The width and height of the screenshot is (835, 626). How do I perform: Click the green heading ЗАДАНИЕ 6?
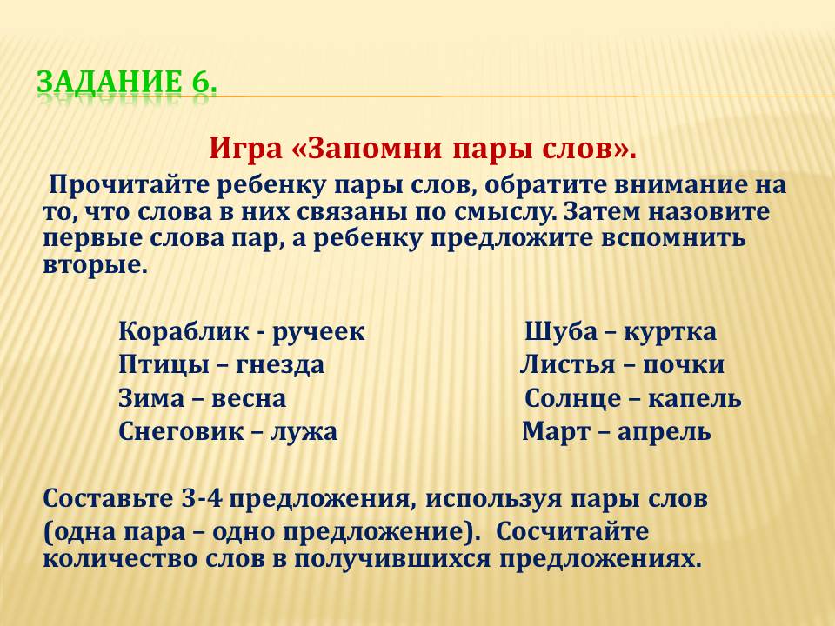(127, 82)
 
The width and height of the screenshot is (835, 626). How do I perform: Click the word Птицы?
(163, 366)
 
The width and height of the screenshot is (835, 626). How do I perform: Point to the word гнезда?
(279, 366)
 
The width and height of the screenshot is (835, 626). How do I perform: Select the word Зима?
(151, 399)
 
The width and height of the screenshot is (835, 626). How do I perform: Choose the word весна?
(249, 400)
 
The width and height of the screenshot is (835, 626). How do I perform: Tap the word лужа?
(304, 432)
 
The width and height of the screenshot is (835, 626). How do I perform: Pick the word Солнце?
(572, 400)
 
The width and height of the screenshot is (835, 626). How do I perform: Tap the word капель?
(694, 400)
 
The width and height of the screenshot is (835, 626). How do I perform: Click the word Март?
(556, 432)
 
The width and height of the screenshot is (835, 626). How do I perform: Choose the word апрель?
(664, 433)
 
